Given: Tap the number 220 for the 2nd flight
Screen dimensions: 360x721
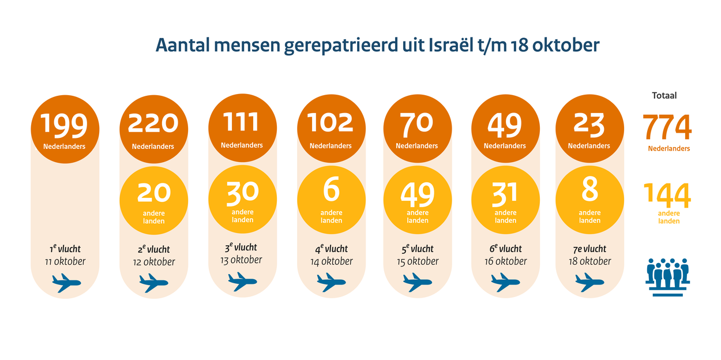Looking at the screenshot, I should coord(153,123).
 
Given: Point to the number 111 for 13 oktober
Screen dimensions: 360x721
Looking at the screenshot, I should coord(242,122).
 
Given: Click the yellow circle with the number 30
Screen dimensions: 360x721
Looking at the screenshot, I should coord(242,199).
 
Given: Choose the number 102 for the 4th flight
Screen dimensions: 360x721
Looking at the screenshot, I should coord(331,122).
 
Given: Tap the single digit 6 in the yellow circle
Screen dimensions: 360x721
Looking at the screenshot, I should coord(331,190).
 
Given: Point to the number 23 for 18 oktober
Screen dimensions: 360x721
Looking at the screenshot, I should coord(589,124).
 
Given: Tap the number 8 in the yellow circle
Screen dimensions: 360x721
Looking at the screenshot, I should coord(589,189).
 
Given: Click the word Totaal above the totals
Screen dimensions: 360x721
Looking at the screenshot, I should coord(664,96).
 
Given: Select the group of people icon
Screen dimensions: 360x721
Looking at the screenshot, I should coord(667,277).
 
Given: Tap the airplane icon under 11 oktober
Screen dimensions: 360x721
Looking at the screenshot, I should coord(66,283).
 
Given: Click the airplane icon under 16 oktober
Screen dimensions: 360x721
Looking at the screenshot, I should coord(505,282).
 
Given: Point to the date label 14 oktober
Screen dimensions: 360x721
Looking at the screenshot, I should coord(331,261).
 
